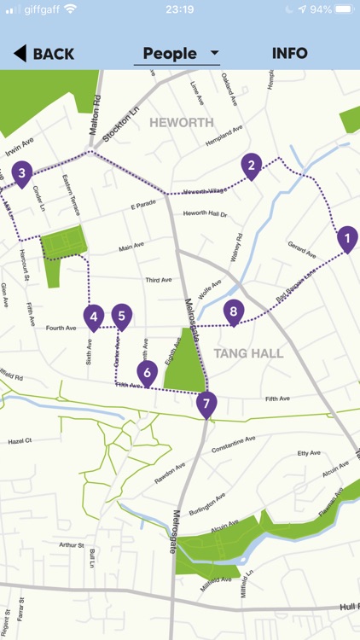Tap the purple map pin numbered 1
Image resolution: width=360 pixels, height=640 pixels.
pos(347,238)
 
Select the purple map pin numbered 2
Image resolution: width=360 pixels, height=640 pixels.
pos(251,166)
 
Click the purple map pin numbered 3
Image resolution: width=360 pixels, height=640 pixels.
pos(22,173)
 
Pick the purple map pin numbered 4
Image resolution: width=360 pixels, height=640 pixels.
pos(94,317)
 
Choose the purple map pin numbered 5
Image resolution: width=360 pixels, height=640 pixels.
pos(122,317)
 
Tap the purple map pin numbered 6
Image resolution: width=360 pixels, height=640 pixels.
pos(148,371)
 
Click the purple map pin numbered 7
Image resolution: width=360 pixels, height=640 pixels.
pos(206,403)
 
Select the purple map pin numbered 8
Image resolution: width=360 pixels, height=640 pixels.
pos(234,312)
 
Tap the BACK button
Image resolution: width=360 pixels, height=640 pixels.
pos(44,54)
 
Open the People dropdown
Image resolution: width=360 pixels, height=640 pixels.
pos(180,54)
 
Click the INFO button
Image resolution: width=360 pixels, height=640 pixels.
pos(290,54)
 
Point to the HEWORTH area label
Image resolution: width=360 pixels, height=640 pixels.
pos(182,123)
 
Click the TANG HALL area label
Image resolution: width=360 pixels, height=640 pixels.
pos(249,353)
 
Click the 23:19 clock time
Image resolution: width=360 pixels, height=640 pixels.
pos(180,9)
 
